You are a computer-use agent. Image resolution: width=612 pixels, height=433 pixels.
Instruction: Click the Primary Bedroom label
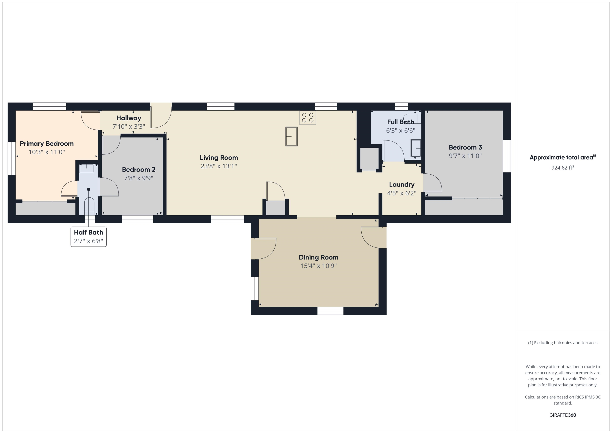[47, 144]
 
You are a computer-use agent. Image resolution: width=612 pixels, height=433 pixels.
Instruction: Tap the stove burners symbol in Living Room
[308, 118]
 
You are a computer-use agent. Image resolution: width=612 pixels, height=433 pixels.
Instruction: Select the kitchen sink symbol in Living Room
[291, 136]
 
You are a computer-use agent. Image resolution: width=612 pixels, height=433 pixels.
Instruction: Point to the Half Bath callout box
[88, 237]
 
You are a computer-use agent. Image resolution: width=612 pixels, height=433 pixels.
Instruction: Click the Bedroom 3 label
[465, 147]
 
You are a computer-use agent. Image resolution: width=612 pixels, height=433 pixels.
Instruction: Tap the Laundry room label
[402, 185]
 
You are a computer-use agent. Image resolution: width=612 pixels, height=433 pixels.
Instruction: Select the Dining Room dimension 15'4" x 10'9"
[319, 266]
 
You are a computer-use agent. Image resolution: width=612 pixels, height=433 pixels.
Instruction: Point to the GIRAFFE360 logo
[562, 415]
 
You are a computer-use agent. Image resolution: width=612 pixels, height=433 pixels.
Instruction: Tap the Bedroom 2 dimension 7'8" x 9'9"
[139, 178]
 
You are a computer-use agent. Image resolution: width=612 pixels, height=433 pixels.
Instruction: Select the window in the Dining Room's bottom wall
[330, 311]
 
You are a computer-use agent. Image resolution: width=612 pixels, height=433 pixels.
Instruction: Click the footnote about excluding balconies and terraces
[562, 343]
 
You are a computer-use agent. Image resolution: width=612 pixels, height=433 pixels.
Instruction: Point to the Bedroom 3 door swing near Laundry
[432, 184]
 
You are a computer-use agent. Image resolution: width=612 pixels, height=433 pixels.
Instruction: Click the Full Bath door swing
[393, 151]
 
